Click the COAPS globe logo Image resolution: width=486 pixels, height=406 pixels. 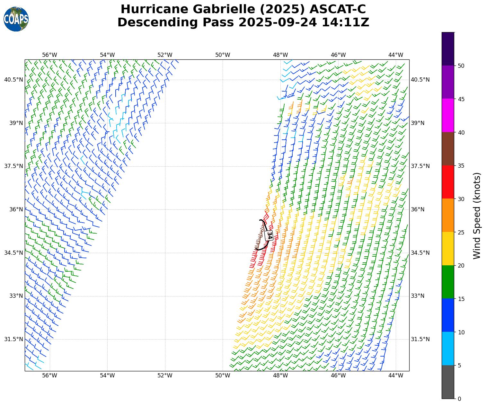(16, 19)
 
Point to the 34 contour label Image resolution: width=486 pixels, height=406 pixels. (269, 235)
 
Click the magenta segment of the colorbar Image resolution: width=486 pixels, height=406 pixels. (448, 115)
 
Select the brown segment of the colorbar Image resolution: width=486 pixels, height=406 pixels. (448, 149)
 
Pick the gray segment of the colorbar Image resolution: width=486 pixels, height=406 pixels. (448, 382)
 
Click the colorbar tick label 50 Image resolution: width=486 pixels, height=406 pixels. (461, 66)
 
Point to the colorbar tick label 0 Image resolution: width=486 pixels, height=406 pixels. (459, 399)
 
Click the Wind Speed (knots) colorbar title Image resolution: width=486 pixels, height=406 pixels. (477, 216)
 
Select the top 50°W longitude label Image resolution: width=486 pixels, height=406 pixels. (223, 55)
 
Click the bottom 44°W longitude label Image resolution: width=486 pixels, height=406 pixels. (396, 375)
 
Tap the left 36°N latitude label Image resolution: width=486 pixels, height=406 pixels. (13, 209)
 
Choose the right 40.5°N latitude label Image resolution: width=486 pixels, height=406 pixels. (420, 80)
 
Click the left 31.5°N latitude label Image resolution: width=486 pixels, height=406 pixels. (13, 339)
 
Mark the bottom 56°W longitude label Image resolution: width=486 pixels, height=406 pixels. (50, 375)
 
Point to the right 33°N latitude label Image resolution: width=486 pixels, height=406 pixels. (418, 296)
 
